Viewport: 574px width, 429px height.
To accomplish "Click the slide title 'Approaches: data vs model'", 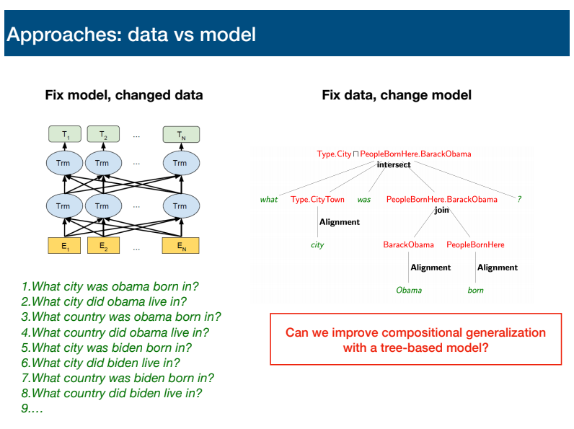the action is click(x=131, y=35).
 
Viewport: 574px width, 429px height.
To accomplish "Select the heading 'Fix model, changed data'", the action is click(x=124, y=95).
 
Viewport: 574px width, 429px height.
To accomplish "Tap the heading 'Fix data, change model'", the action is click(x=397, y=95).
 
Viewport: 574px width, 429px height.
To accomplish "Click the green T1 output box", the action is click(x=65, y=134).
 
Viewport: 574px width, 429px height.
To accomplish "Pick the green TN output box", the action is click(x=181, y=134).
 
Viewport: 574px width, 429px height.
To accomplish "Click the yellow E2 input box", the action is click(x=103, y=246).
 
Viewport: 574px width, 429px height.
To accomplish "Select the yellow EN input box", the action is click(x=181, y=246).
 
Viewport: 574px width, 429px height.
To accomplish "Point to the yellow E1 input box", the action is click(x=64, y=246).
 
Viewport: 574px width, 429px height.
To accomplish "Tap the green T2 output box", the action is click(x=103, y=134).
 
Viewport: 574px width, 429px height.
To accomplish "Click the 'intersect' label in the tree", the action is click(x=394, y=164).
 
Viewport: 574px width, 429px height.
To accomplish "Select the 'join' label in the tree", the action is click(x=441, y=210).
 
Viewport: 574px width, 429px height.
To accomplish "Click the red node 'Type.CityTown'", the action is click(x=317, y=200).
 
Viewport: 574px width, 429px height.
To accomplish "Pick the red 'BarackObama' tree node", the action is click(x=409, y=244).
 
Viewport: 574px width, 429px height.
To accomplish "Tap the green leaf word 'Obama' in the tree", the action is click(x=409, y=291).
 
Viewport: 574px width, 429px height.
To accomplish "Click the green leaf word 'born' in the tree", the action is click(x=475, y=291).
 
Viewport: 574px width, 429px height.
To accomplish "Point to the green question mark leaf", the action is click(x=519, y=199).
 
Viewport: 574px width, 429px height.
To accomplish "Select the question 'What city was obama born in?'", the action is click(x=110, y=287).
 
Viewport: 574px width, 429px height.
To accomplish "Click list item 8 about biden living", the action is click(x=112, y=393).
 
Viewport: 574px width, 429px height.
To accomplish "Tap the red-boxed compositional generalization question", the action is click(x=416, y=340).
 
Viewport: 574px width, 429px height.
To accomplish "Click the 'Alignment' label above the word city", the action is click(x=340, y=222).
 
